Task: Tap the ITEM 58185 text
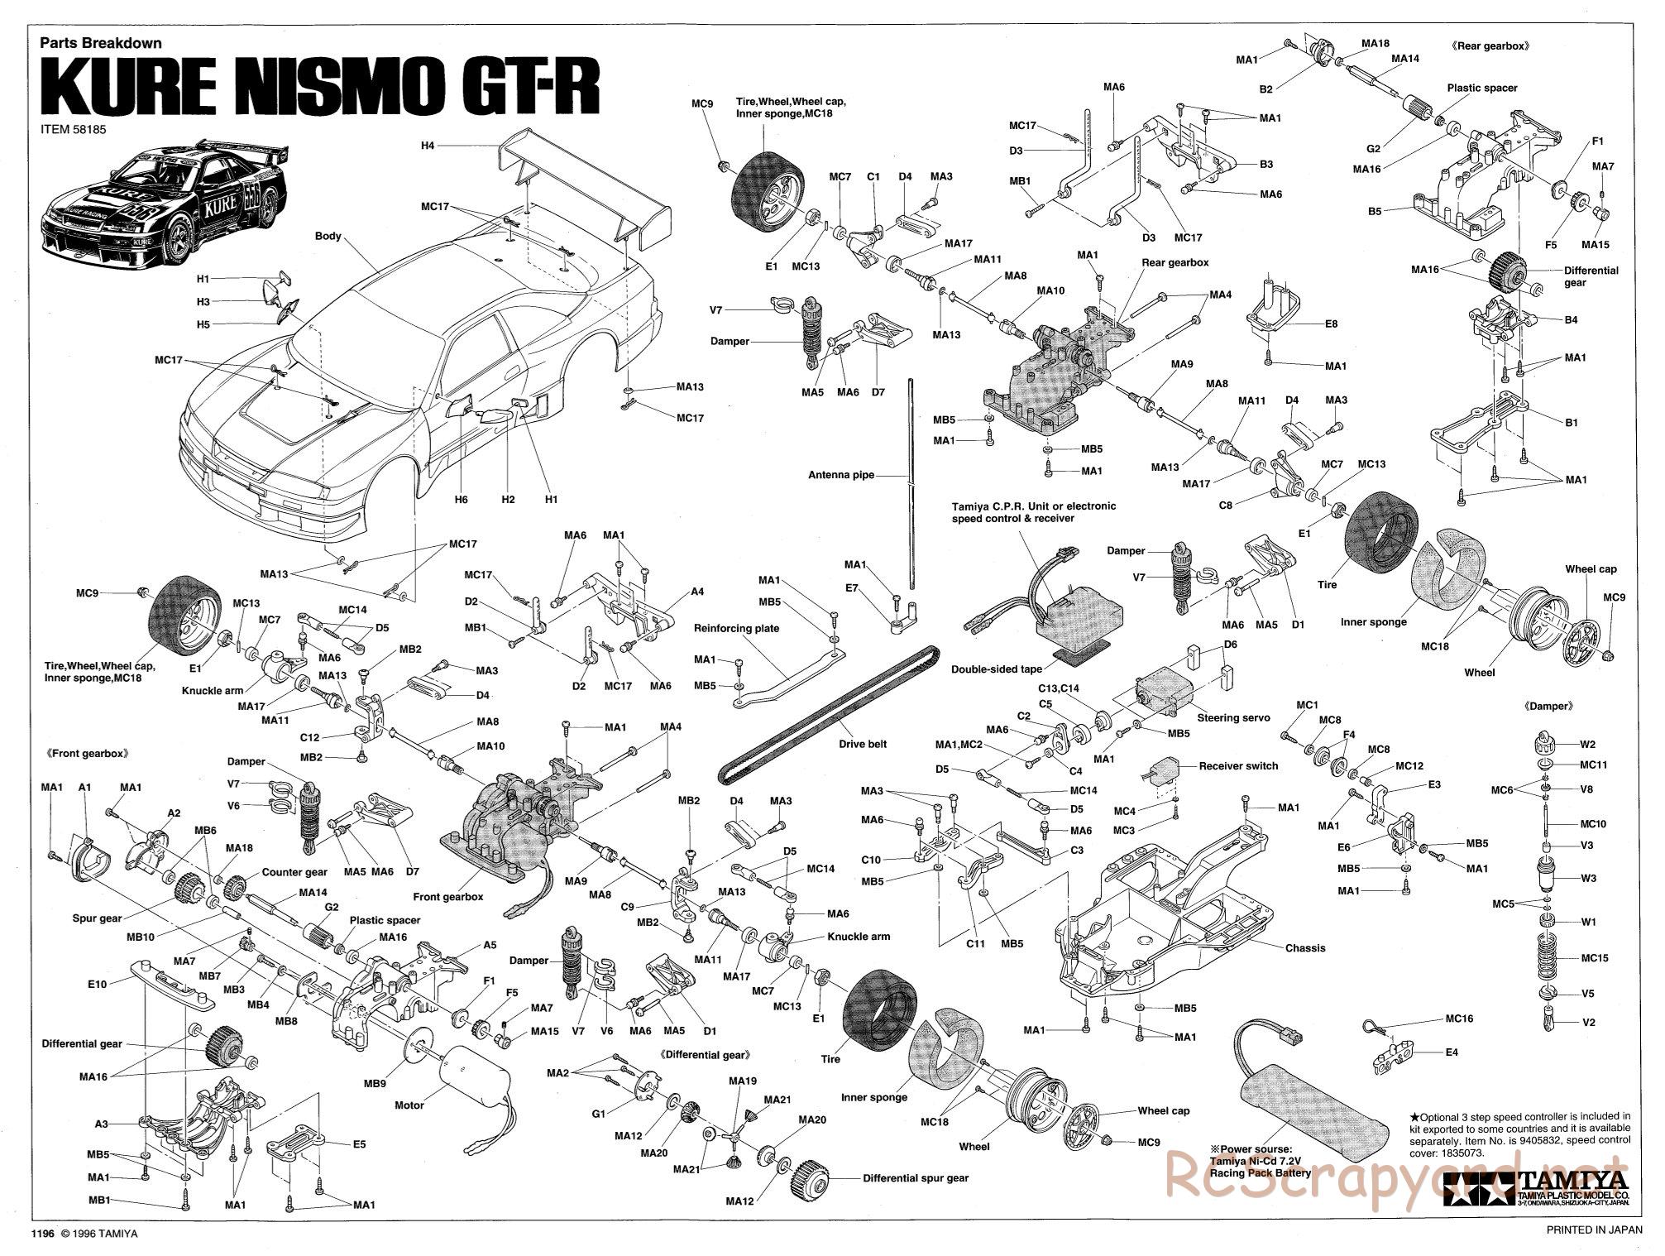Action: (74, 129)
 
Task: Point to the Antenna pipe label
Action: (841, 475)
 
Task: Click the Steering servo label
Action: (1233, 718)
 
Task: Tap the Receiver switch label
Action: (1238, 766)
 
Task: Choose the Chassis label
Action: (1305, 948)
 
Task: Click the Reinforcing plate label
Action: (736, 628)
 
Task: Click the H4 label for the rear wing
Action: (427, 146)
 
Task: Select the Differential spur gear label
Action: (916, 1178)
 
